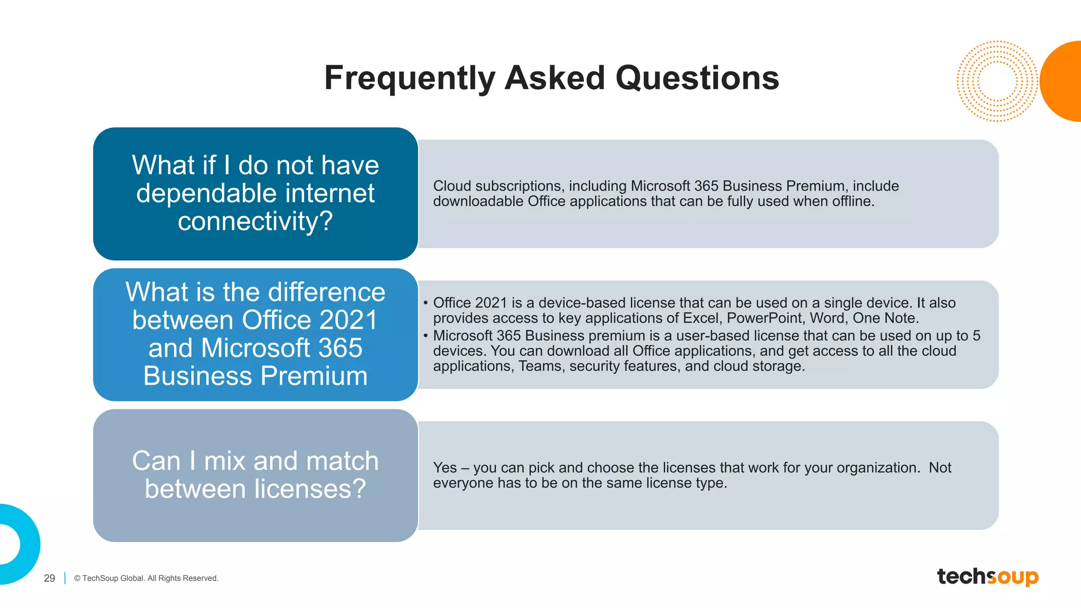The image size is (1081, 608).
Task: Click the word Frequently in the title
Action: [409, 78]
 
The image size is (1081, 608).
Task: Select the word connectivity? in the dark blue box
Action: [255, 221]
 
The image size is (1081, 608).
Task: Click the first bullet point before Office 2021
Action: [425, 303]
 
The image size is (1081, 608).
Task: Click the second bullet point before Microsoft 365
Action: [425, 336]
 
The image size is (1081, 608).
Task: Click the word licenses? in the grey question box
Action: [308, 489]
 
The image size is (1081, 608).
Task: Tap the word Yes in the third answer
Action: [444, 468]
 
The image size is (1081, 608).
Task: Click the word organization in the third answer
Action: [877, 468]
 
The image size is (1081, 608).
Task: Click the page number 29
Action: [50, 578]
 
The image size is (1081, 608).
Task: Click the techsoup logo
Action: [987, 576]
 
